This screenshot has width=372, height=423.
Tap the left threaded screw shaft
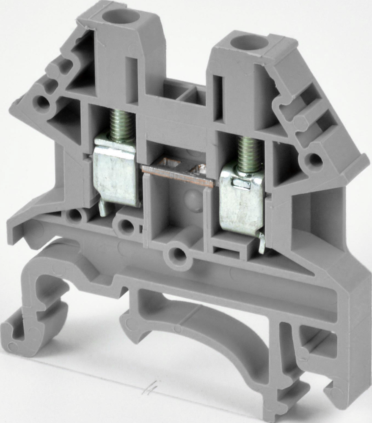pyautogui.click(x=122, y=124)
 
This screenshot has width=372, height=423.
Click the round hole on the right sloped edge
pyautogui.click(x=314, y=159)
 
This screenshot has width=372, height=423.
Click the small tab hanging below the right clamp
pyautogui.click(x=262, y=244)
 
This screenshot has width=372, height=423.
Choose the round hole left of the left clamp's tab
pyautogui.click(x=74, y=216)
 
